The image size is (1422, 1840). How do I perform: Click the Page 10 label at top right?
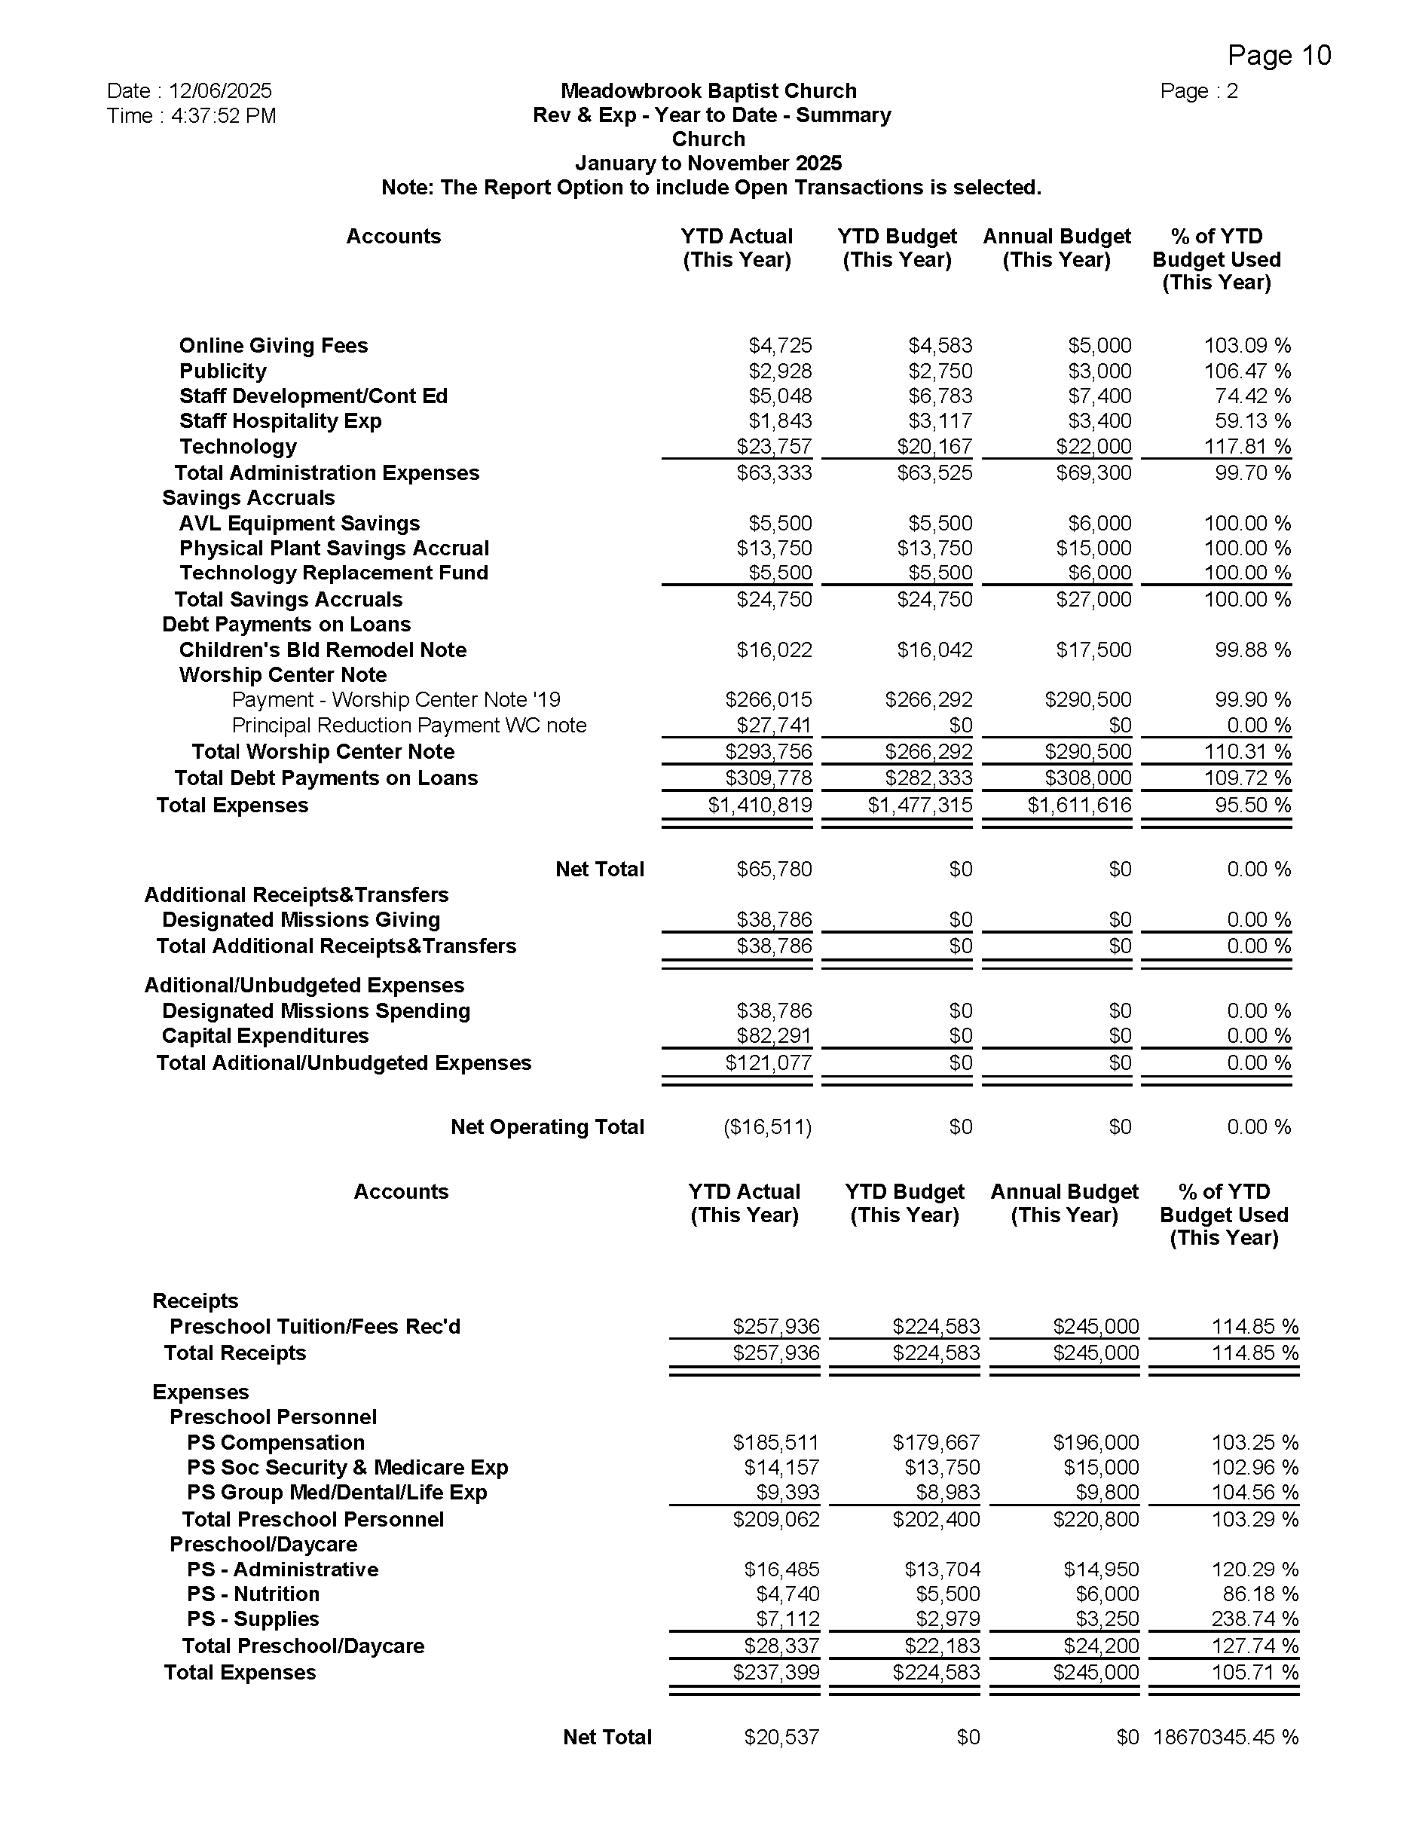(1279, 56)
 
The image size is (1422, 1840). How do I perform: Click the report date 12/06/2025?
(220, 91)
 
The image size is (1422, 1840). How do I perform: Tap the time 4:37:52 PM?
(223, 115)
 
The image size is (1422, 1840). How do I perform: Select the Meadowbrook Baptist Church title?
(708, 91)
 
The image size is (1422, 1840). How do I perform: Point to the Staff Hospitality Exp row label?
(280, 421)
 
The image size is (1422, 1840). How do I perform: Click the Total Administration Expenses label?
(327, 472)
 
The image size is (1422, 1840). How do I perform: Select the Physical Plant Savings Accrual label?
(334, 549)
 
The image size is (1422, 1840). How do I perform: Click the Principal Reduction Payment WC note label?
(408, 726)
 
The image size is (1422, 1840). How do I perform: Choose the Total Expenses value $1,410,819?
(760, 805)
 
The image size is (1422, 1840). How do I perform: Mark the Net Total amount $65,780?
(774, 870)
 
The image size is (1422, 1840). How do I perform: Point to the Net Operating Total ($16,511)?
(767, 1127)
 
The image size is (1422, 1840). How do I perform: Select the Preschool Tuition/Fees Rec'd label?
(315, 1327)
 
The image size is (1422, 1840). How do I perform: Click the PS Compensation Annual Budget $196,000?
(1095, 1443)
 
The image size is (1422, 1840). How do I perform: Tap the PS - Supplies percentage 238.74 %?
(1255, 1619)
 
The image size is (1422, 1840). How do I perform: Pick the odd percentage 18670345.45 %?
(1226, 1738)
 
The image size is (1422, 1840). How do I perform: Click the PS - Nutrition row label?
(253, 1594)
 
